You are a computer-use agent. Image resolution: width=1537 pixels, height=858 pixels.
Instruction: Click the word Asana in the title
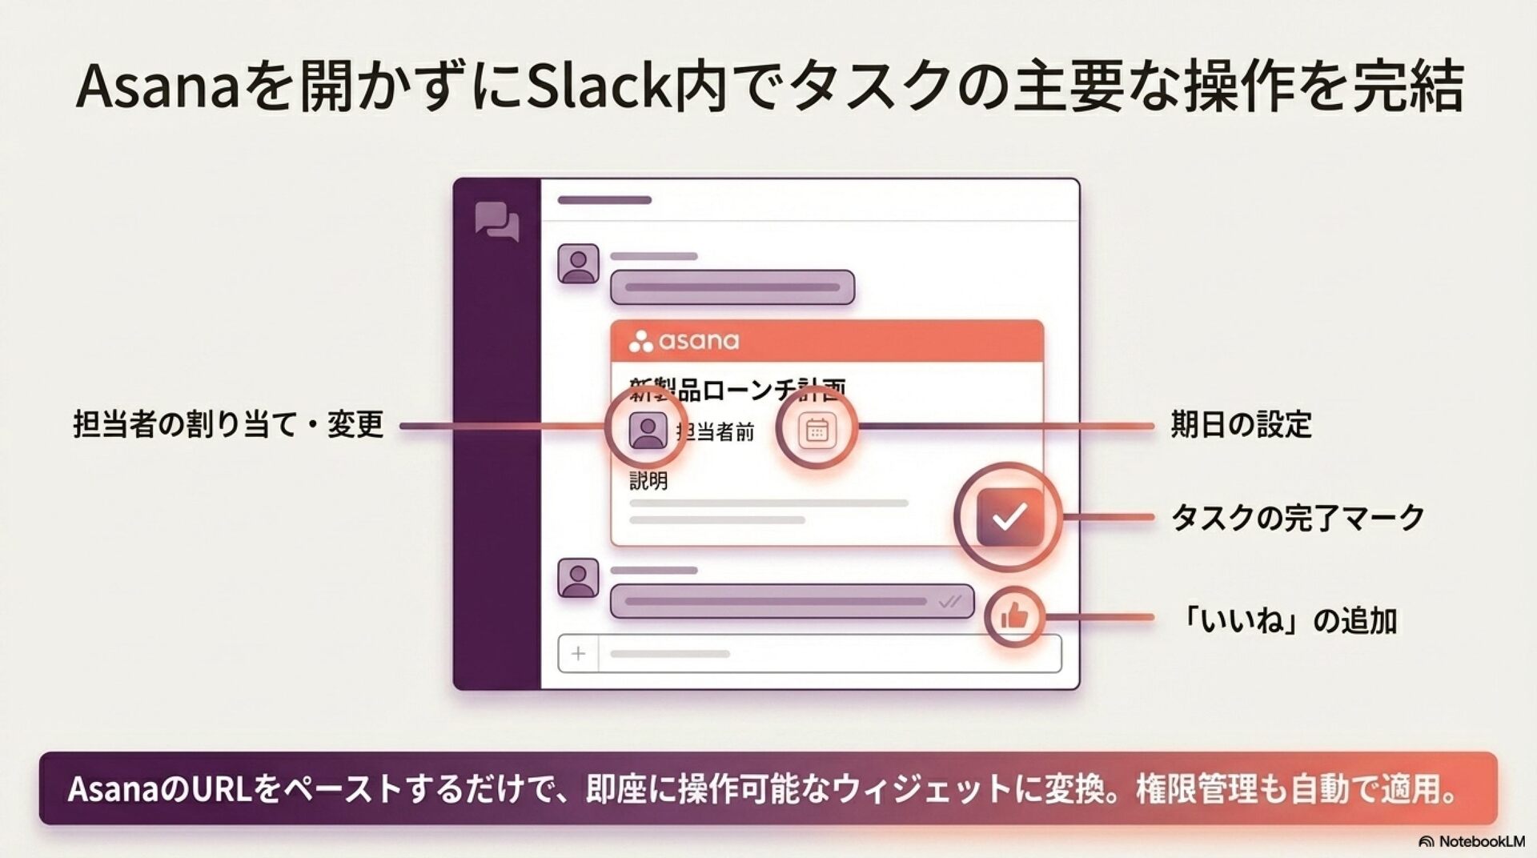(x=158, y=86)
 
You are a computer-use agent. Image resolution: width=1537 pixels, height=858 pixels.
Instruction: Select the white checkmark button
(x=1009, y=517)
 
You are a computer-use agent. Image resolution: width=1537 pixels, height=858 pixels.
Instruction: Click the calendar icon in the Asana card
(x=817, y=431)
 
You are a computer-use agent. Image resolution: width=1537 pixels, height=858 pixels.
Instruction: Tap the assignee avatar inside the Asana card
(x=648, y=431)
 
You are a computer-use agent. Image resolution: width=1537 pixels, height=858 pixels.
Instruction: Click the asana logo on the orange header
(x=684, y=342)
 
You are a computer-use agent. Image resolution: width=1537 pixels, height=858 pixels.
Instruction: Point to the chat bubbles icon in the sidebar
(x=496, y=221)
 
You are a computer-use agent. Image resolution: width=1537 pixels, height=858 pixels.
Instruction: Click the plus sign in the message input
(x=578, y=654)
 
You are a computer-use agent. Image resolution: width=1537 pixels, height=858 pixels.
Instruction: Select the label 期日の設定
(x=1241, y=425)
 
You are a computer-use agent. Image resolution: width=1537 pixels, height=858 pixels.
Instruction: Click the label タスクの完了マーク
(x=1297, y=518)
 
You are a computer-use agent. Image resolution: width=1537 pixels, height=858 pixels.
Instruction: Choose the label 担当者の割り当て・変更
(x=229, y=425)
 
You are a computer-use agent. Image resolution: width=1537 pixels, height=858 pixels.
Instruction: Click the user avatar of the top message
(x=578, y=263)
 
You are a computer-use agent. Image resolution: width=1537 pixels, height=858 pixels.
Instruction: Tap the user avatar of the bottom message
(x=578, y=578)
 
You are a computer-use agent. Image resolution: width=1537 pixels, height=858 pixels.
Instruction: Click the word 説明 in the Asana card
(x=648, y=481)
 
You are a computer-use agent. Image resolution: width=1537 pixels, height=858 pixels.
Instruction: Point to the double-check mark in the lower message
(x=950, y=601)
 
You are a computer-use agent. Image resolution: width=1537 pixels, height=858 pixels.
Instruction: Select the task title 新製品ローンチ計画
(x=736, y=390)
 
